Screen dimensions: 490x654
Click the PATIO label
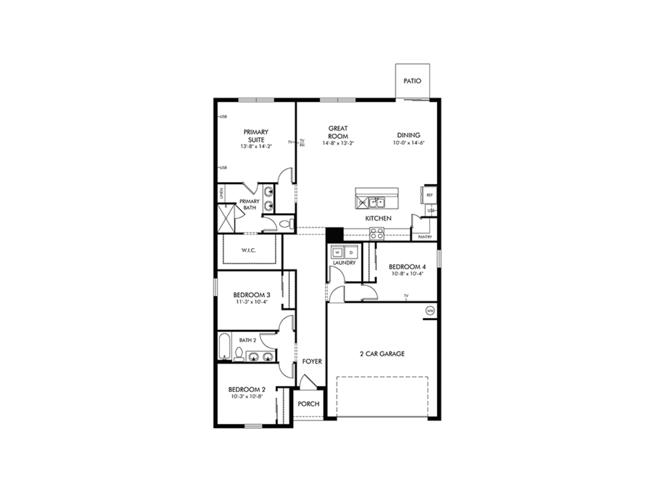[412, 81]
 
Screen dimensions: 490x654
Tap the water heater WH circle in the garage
[430, 311]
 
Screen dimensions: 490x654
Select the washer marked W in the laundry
[338, 253]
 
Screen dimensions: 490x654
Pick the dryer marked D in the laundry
[351, 253]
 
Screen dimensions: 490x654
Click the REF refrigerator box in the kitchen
[430, 195]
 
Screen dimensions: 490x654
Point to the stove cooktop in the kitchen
[376, 234]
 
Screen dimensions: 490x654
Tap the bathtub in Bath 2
[224, 347]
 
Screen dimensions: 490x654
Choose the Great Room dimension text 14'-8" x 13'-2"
[338, 143]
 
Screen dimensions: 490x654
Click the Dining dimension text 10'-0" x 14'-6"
[409, 143]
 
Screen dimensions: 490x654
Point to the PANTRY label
[425, 237]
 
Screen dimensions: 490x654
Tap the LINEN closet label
[222, 193]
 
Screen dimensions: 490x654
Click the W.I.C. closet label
[249, 250]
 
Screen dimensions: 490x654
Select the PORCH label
[309, 404]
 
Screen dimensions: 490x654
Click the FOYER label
[312, 361]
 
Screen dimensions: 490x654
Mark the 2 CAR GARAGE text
[382, 354]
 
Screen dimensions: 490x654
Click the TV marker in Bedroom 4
[406, 296]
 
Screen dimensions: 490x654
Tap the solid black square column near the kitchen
[334, 234]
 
